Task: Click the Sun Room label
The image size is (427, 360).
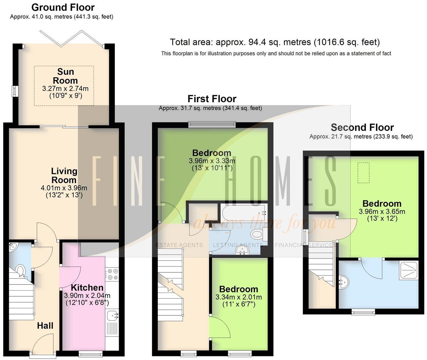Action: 65,76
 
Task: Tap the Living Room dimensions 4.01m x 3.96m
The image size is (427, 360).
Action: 64,188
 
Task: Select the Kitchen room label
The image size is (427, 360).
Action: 87,288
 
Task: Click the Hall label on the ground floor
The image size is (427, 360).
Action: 45,325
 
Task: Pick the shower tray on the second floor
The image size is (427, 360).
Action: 409,270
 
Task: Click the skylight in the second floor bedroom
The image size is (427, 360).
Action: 363,173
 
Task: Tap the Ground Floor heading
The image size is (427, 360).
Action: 63,7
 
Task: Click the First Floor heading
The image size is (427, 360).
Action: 212,99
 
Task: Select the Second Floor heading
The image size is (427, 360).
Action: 362,127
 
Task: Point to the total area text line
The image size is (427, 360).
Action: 275,42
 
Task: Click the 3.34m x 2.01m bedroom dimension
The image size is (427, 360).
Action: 239,297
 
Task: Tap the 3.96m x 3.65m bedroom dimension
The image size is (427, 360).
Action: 382,212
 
